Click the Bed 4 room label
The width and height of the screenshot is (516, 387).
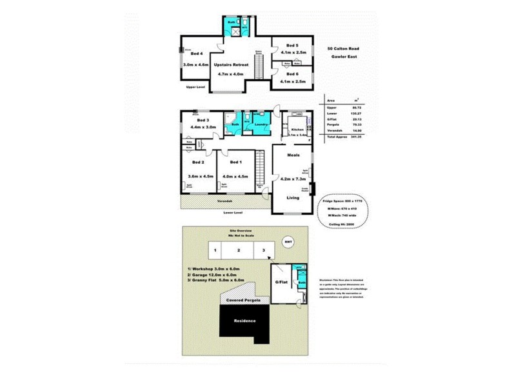(197, 54)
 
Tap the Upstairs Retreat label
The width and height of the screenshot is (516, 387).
(232, 65)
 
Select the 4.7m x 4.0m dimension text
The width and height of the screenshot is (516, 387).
(232, 75)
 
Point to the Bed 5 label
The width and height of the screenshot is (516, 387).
(292, 46)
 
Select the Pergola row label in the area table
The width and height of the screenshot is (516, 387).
(333, 126)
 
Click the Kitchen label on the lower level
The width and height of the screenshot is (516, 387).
(297, 130)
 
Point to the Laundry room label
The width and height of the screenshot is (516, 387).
(261, 124)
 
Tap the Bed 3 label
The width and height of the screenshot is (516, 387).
(203, 120)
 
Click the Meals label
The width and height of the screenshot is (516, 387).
(293, 155)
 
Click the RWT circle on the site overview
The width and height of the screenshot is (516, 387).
(288, 243)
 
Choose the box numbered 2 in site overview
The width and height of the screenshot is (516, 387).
(238, 250)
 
